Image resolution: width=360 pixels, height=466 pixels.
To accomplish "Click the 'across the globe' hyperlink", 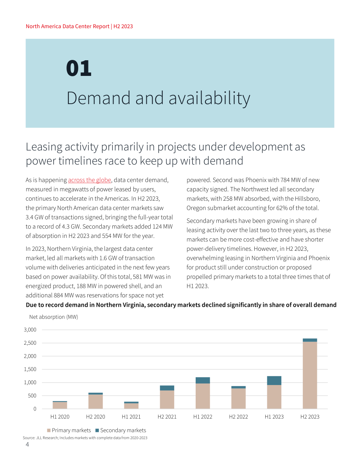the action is [x=90, y=180].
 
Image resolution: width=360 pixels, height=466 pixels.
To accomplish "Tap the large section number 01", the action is [x=79, y=68].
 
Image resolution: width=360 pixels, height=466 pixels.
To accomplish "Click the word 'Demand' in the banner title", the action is [x=98, y=98].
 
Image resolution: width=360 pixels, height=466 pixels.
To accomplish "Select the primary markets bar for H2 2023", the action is [x=310, y=375].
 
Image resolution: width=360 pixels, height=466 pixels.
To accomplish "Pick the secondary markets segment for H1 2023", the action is [x=274, y=380].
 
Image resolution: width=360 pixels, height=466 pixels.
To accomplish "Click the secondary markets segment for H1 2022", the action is [x=203, y=380].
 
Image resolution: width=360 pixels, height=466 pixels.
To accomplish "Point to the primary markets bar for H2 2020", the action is [x=95, y=401].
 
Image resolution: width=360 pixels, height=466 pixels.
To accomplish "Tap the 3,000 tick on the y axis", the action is [x=30, y=329].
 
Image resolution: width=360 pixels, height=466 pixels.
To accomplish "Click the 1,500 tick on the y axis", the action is [x=30, y=369].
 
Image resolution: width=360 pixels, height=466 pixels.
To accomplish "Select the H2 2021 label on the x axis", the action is [x=167, y=417].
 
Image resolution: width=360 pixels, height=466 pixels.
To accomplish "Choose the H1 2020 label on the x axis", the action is [x=60, y=417].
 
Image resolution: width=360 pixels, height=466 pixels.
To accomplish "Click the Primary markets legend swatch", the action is [x=49, y=430].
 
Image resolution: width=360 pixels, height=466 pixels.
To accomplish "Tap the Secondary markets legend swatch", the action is [x=97, y=430].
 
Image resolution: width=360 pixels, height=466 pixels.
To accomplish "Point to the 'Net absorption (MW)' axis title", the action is [x=54, y=317].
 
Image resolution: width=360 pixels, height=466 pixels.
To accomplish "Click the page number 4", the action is [x=27, y=444].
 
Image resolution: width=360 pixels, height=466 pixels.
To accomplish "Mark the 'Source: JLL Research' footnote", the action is [x=85, y=438].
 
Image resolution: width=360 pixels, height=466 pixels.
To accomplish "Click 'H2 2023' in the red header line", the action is [x=123, y=26].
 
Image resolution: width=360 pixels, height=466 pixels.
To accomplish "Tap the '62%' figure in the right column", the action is [x=282, y=208].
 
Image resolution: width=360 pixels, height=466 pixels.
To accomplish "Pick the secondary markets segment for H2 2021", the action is [x=167, y=388].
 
